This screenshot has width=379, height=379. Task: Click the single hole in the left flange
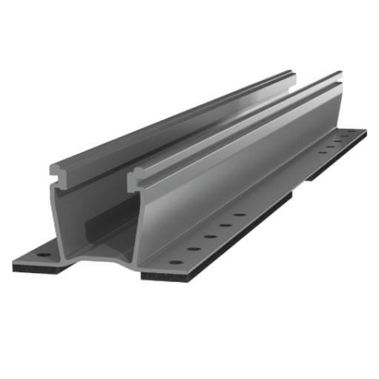(x=42, y=254)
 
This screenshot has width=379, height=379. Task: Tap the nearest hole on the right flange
(x=175, y=261)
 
